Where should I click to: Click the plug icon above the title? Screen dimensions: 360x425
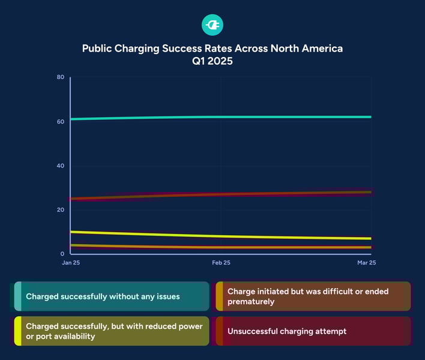point(212,25)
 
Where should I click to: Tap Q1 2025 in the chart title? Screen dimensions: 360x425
point(212,62)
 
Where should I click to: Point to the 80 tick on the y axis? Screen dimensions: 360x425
point(61,77)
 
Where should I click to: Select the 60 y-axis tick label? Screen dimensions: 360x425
point(61,121)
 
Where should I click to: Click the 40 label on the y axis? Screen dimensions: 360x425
point(61,166)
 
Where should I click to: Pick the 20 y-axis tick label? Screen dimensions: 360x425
point(61,209)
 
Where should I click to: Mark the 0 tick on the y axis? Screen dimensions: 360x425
point(62,254)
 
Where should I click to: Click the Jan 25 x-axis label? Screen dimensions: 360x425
point(70,263)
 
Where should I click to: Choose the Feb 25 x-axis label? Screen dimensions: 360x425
point(220,263)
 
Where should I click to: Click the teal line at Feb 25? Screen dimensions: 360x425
point(220,116)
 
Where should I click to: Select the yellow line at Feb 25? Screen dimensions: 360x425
point(220,236)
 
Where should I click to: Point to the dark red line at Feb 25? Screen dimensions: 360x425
point(220,194)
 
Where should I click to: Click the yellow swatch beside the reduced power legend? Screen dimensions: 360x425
point(18,331)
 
